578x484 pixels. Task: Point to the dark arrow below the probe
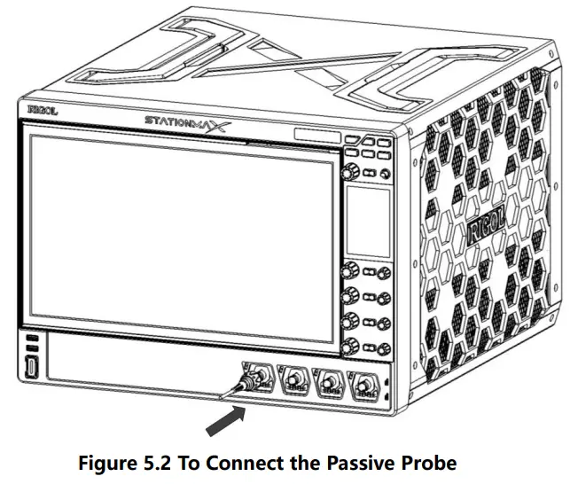tap(224, 420)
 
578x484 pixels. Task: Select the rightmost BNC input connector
tap(363, 386)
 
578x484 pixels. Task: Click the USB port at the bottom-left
tap(32, 367)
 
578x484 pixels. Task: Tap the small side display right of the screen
tap(366, 221)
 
